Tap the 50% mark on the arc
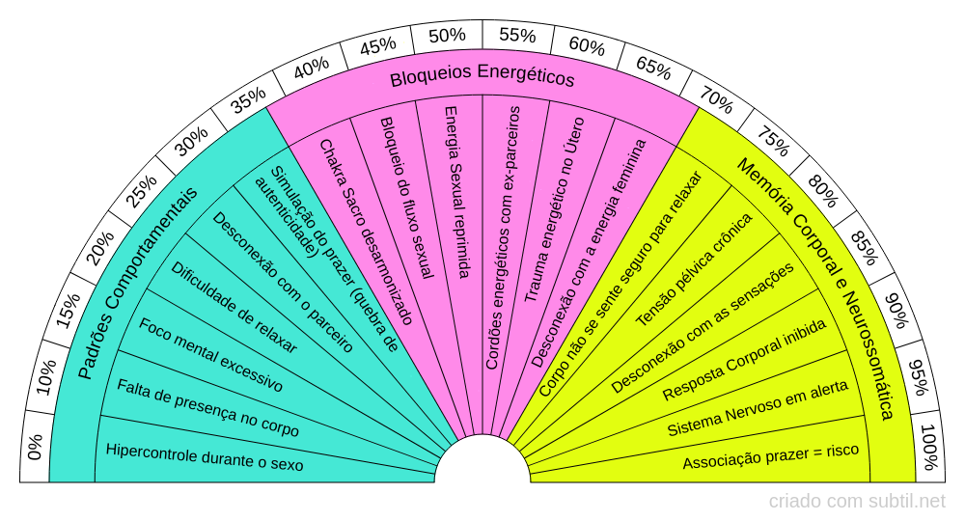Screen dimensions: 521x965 447,36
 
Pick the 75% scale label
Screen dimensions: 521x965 772,142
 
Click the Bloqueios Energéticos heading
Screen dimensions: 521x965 482,78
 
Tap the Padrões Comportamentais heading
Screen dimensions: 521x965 137,282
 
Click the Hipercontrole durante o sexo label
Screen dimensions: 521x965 205,457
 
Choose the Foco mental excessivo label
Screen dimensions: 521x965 211,355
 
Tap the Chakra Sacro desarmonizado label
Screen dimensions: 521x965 366,232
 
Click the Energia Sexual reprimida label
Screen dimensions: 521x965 456,192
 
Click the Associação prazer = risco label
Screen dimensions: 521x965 770,456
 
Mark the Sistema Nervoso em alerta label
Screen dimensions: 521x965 758,408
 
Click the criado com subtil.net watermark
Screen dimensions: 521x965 857,501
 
